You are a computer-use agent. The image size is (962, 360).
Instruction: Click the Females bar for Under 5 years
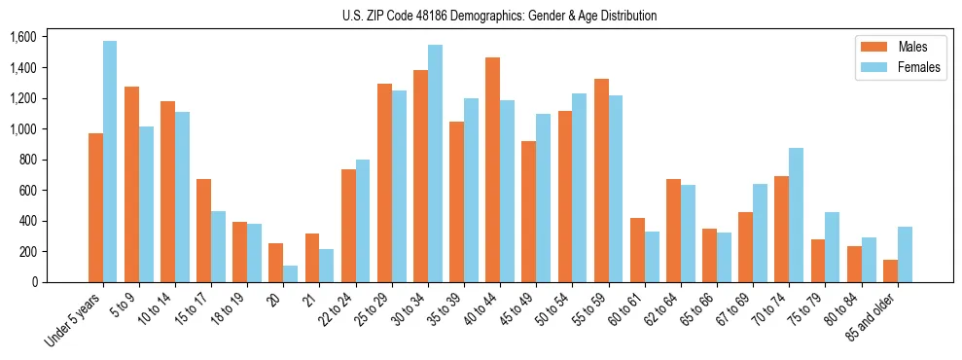(x=110, y=162)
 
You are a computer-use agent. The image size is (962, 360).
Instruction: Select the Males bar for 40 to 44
(x=492, y=170)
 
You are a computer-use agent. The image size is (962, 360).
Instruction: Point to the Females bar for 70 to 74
(x=796, y=215)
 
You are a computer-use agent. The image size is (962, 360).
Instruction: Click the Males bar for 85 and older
(x=890, y=271)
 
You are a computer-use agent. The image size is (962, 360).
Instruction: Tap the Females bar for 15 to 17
(x=218, y=247)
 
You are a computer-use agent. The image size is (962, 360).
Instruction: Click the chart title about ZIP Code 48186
(x=499, y=16)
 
